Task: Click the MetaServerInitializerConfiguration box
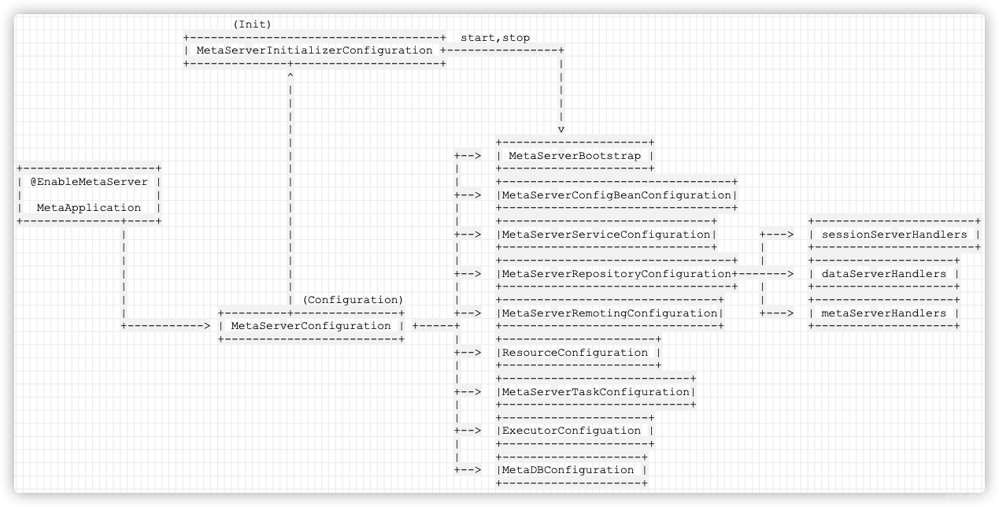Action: [x=314, y=50]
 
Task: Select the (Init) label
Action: [x=252, y=24]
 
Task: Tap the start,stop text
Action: [x=495, y=38]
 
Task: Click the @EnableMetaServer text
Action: [x=89, y=182]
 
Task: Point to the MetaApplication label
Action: [x=89, y=208]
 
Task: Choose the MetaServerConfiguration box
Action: [x=311, y=326]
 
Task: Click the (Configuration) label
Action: [x=353, y=300]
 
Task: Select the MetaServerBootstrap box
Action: [x=575, y=156]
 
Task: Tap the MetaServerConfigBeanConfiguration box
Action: [x=617, y=195]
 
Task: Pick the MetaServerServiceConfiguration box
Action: [x=606, y=235]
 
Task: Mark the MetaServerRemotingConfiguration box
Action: [x=610, y=313]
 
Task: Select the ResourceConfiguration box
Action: [x=579, y=353]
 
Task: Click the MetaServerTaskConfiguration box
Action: [x=596, y=392]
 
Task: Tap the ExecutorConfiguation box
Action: [x=575, y=431]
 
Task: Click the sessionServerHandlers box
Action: [x=894, y=235]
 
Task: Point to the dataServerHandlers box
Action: [x=884, y=274]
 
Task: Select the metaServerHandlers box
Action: [x=884, y=313]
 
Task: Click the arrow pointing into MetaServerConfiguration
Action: [x=206, y=326]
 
